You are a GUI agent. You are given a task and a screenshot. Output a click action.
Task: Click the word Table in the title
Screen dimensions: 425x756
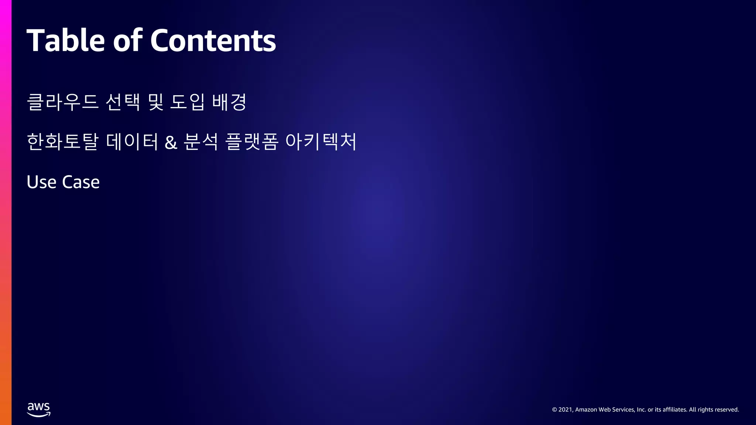point(66,40)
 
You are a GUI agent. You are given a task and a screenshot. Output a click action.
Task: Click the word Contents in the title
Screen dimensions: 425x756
point(213,40)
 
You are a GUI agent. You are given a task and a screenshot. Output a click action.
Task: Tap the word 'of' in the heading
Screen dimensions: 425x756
point(127,40)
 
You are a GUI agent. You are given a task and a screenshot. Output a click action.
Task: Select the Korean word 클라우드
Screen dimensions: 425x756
point(63,102)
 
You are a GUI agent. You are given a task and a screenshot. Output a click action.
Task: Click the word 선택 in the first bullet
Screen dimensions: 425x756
point(123,102)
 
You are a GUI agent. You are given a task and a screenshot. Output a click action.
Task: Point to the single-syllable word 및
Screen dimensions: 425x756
point(155,102)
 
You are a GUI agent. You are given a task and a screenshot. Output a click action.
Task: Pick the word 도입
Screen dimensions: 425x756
point(187,102)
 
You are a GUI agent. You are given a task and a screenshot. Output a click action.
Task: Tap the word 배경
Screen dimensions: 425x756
point(229,102)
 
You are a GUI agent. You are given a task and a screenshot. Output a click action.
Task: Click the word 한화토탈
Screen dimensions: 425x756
point(63,142)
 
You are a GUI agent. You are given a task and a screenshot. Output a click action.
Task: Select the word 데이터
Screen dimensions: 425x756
point(132,142)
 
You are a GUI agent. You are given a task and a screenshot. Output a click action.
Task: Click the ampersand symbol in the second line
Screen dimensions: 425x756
point(171,143)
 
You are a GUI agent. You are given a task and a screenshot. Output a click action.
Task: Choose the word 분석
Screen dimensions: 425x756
point(201,142)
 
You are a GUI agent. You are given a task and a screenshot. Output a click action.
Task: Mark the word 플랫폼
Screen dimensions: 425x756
point(252,142)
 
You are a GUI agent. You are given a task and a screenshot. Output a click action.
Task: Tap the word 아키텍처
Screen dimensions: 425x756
point(321,142)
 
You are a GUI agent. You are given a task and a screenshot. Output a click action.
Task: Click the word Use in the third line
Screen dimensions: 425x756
point(41,182)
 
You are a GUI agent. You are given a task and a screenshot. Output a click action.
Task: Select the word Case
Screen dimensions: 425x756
point(81,182)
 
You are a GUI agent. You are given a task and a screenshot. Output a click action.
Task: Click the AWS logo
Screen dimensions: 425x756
point(39,410)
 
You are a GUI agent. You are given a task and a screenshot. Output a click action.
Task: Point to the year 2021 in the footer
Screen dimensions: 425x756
point(566,410)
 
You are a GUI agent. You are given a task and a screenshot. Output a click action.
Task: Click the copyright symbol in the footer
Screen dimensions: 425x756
point(554,410)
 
